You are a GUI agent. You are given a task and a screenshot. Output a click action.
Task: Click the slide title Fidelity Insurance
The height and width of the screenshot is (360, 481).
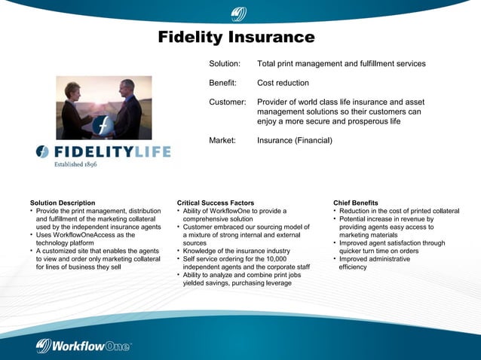tap(236, 37)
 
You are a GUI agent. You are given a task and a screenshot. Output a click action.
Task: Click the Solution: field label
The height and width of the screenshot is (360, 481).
tap(224, 64)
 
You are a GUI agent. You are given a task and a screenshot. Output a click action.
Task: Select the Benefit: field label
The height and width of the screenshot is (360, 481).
tap(222, 83)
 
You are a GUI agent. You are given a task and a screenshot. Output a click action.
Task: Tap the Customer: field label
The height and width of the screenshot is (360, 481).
tap(227, 102)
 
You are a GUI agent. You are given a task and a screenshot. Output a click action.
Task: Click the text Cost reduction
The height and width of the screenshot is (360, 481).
tap(283, 83)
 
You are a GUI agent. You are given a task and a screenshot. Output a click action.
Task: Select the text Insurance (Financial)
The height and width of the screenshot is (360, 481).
tap(294, 140)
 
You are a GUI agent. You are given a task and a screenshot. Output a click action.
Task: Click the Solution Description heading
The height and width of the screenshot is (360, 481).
tap(63, 203)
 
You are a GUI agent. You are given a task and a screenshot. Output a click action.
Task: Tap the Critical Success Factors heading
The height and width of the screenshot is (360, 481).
tap(216, 203)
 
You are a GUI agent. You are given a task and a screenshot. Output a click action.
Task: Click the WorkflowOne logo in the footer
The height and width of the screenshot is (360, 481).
tap(84, 345)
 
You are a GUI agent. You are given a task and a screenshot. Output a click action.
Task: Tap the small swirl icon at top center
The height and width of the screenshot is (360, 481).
tap(239, 13)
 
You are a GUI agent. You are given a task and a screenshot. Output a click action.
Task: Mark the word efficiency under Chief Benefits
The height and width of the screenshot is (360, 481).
tap(353, 267)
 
